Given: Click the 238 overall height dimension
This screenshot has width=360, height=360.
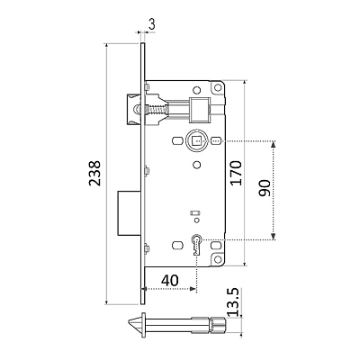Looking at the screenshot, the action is tap(95, 174).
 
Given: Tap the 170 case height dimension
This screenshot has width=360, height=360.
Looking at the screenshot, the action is tap(236, 173).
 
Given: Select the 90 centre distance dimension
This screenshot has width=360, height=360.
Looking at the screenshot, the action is tap(264, 188).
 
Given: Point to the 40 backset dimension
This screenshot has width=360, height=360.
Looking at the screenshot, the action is tap(170, 281).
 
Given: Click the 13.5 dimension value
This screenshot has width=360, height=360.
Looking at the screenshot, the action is tap(233, 302).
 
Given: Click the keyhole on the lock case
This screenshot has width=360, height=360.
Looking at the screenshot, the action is tap(197, 244).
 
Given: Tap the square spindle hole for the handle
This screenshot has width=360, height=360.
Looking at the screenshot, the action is tap(196, 139).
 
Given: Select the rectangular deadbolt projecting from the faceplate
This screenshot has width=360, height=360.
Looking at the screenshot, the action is tap(129, 212).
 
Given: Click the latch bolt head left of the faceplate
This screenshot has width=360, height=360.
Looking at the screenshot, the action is tap(133, 109).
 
